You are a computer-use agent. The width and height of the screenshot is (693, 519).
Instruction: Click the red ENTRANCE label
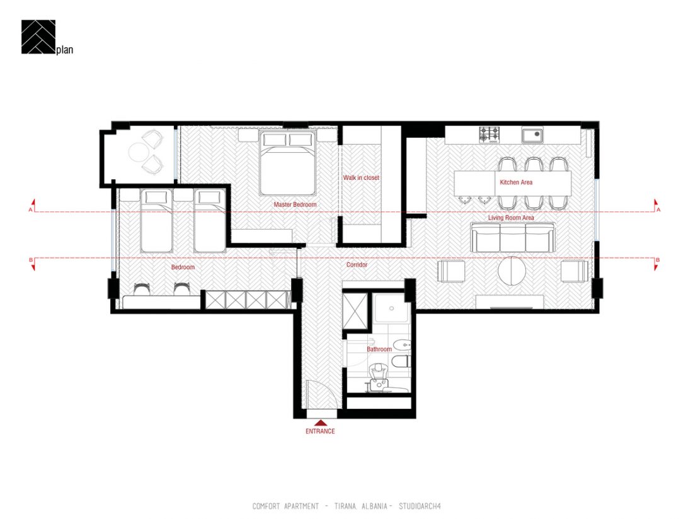320,431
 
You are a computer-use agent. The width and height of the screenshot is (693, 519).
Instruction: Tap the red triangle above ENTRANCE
321,423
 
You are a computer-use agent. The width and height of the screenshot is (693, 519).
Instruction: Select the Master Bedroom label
295,204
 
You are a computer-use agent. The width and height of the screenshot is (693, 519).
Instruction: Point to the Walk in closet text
361,177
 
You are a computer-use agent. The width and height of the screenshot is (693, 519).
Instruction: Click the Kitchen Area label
516,182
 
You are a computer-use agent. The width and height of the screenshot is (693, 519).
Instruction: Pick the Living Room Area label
511,218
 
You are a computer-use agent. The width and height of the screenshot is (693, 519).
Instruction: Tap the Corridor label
357,264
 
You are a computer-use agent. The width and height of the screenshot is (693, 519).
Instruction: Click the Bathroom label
379,349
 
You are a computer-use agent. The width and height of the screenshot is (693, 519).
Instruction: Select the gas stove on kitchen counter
490,134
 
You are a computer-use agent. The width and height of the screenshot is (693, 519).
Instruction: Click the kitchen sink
532,135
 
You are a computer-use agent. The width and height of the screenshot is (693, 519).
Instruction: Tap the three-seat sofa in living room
512,237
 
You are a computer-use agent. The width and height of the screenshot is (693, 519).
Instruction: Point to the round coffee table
512,271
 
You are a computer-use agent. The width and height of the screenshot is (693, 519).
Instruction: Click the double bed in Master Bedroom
288,163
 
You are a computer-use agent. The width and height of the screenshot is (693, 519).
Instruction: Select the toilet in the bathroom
401,362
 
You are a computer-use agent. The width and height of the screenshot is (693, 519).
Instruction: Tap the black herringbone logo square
38,37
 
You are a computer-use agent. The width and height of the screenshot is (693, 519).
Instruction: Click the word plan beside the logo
64,50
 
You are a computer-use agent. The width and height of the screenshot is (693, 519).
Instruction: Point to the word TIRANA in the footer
345,506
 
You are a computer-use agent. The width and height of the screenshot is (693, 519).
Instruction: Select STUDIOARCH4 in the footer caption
420,506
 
